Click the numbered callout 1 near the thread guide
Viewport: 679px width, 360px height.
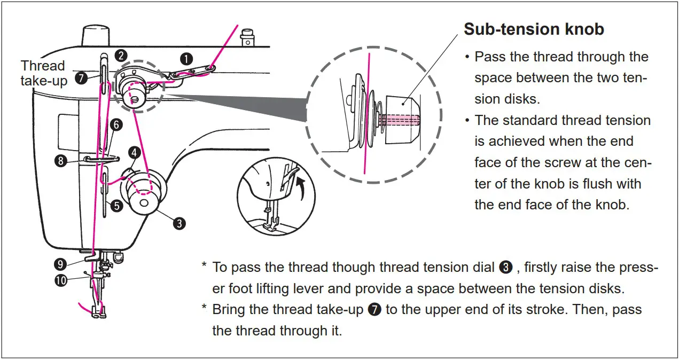(x=186, y=59)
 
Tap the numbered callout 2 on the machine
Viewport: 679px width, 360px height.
(x=122, y=56)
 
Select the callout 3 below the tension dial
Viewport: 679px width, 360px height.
(x=180, y=223)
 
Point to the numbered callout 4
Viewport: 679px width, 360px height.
(x=134, y=152)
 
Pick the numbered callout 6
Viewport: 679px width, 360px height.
(x=116, y=125)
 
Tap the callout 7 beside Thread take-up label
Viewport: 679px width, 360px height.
(x=81, y=79)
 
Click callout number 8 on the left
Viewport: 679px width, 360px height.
(x=62, y=160)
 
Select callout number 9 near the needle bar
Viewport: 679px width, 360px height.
(x=60, y=263)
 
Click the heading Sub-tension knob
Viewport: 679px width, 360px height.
(x=534, y=29)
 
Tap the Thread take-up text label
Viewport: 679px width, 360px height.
(x=43, y=73)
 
